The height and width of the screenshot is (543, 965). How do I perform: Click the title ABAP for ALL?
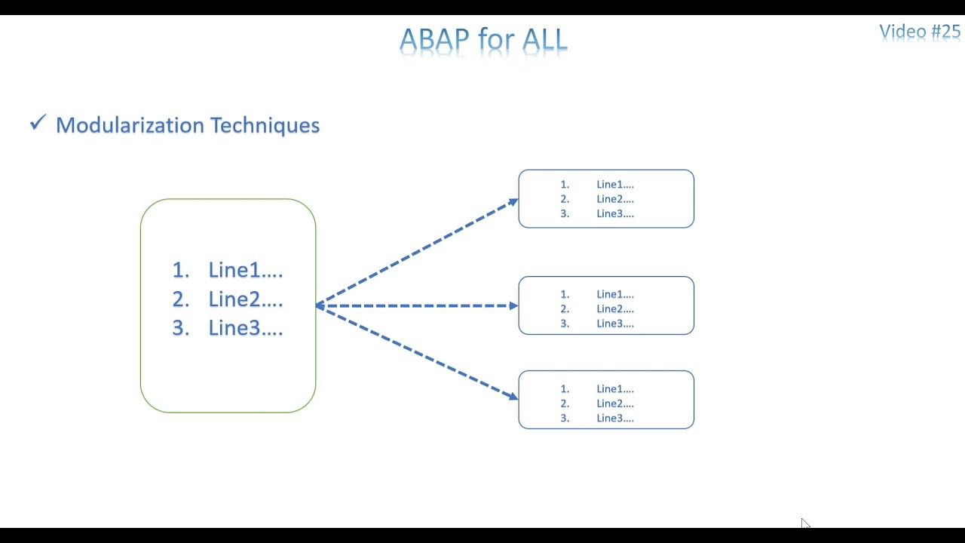[x=483, y=39]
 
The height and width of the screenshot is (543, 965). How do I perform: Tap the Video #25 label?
[x=920, y=32]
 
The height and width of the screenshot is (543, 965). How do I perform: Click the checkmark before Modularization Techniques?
[x=38, y=123]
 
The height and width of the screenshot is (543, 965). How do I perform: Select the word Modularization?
[x=130, y=125]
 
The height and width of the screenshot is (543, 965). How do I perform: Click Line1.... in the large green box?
[x=245, y=270]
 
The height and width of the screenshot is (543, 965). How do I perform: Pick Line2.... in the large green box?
[x=245, y=299]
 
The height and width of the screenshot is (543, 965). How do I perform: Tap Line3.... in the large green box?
[x=245, y=328]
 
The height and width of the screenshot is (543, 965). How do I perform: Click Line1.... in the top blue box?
[x=614, y=184]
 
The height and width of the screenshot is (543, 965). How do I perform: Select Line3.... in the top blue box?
[x=614, y=213]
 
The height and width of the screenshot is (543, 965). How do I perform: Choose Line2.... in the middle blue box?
[x=614, y=308]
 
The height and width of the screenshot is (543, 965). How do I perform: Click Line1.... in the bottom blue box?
[x=614, y=389]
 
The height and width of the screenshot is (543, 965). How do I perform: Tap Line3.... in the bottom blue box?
[x=614, y=418]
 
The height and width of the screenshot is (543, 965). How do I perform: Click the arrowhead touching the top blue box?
[x=513, y=201]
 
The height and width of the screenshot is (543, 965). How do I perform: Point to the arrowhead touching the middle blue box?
[x=513, y=305]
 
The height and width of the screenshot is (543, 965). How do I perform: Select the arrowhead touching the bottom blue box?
[x=513, y=395]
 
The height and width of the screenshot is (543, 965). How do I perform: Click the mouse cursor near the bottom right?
[x=804, y=523]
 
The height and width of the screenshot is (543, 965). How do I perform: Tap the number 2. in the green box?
[x=180, y=299]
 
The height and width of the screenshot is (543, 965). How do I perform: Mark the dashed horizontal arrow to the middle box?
[x=415, y=305]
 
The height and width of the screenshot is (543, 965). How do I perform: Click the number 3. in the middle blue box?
[x=565, y=324]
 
